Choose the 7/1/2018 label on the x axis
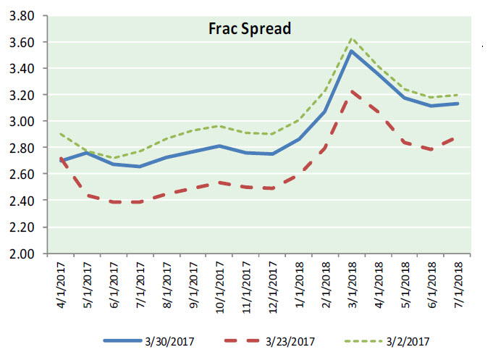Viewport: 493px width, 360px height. coord(458,282)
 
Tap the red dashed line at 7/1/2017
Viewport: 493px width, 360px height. coord(140,202)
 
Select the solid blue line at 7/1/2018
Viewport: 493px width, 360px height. coord(458,104)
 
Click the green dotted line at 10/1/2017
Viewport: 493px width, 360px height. coord(219,126)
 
